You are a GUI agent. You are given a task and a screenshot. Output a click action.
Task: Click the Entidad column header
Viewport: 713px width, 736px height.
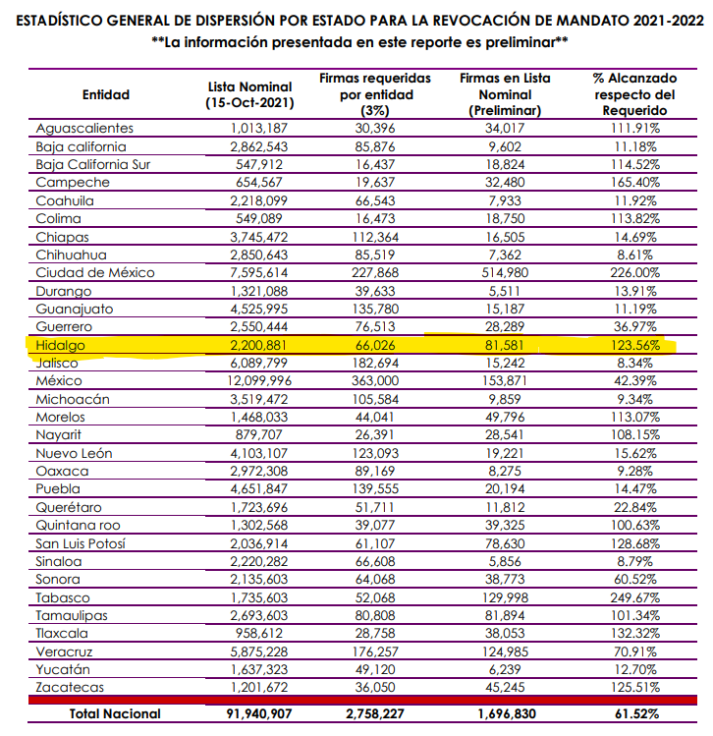106,94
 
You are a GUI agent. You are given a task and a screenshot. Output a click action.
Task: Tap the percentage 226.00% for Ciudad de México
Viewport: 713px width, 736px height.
634,273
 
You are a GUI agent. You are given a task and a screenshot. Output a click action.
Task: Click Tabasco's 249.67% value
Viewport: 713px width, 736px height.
634,597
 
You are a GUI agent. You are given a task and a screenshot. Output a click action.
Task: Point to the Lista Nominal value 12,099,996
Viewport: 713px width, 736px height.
259,380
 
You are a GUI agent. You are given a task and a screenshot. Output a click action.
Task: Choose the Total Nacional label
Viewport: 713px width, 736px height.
115,714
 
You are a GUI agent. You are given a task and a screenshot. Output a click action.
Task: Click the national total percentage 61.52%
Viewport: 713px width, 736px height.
636,714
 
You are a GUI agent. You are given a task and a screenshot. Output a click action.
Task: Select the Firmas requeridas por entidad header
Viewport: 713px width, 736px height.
375,94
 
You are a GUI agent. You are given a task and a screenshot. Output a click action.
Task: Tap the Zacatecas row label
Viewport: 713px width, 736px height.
70,687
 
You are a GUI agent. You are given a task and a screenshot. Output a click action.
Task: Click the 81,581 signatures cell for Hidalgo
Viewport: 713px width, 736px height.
504,346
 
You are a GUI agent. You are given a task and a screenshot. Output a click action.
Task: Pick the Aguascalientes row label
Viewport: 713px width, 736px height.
84,129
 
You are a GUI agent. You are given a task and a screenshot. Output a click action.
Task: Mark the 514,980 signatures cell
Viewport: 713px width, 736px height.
505,273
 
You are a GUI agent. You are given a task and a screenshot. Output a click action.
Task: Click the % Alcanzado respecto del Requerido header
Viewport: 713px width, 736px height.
634,94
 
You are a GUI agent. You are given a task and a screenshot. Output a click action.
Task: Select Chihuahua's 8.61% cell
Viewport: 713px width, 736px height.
634,255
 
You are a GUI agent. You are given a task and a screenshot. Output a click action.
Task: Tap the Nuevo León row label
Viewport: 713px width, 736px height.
74,453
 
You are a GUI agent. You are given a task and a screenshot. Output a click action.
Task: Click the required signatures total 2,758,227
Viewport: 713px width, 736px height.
375,714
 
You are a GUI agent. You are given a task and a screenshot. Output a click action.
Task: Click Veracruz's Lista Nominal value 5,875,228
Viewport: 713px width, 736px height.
259,651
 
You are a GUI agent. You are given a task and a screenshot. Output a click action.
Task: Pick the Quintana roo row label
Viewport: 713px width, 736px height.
78,526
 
